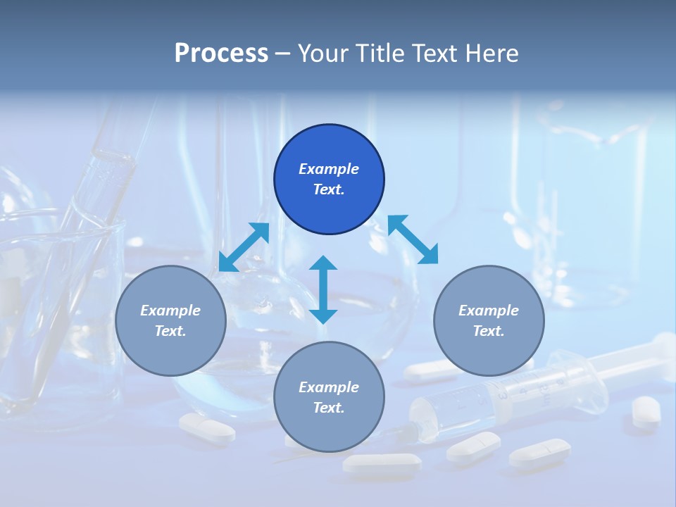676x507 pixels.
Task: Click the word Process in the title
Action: [221, 54]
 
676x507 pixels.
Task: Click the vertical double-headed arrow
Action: [323, 289]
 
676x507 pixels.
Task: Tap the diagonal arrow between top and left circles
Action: [244, 247]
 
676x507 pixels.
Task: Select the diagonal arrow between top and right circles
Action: [413, 239]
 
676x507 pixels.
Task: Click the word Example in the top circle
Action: [329, 169]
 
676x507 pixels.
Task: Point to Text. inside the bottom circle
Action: [329, 408]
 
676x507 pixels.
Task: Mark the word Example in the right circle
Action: [489, 311]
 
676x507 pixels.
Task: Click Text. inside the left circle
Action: [170, 331]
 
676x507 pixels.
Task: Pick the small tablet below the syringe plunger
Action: [646, 410]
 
